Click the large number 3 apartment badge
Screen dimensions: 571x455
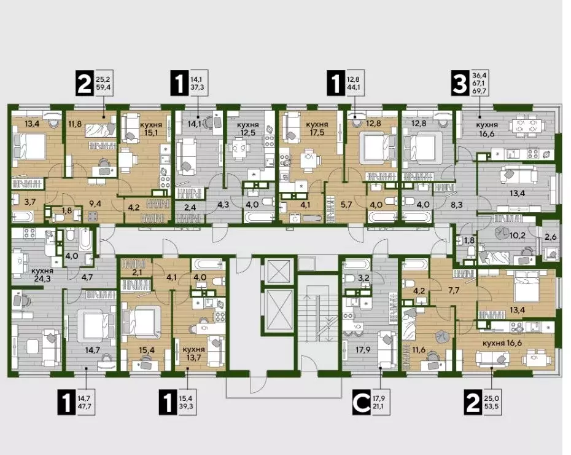point(459,84)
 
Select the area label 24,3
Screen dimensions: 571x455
point(42,280)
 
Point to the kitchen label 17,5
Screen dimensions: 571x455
point(317,133)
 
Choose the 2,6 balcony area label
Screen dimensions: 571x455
point(550,237)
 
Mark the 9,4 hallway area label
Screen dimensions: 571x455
point(95,204)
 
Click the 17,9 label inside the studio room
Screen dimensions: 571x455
point(363,350)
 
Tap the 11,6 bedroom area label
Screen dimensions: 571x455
point(418,350)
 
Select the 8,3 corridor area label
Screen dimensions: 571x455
point(457,205)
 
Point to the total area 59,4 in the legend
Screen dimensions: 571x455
point(104,87)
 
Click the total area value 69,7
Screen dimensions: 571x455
point(480,91)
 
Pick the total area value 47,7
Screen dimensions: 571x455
point(85,406)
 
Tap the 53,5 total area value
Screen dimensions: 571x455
point(492,406)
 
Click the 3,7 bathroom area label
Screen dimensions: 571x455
point(29,201)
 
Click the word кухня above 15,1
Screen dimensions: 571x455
point(151,125)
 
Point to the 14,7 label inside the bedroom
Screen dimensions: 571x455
point(93,350)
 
